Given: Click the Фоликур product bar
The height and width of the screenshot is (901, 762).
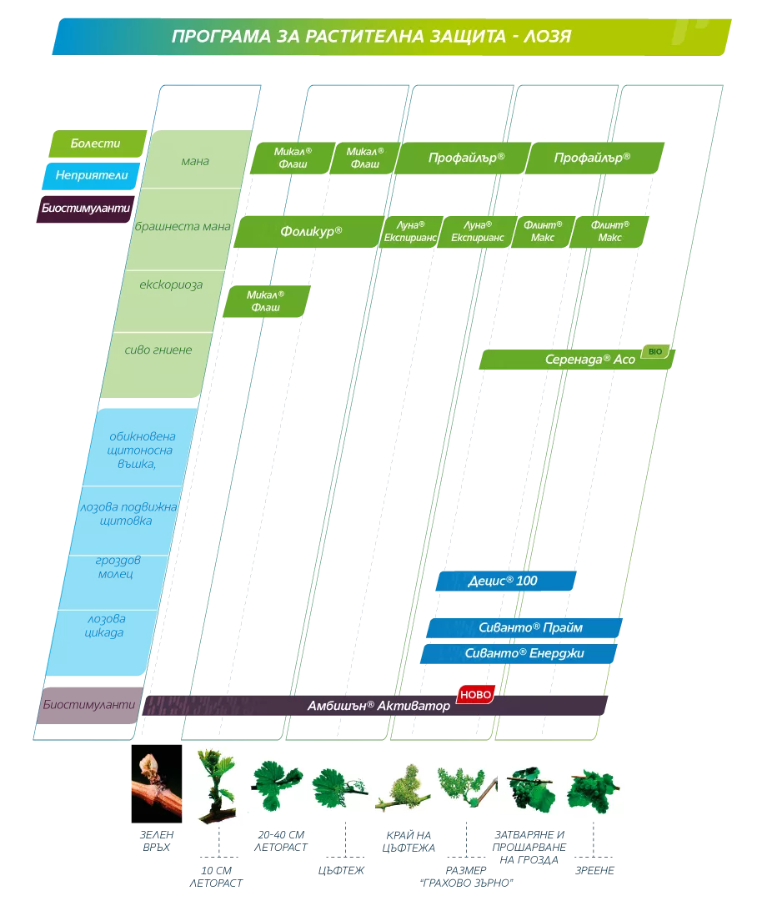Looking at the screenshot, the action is [x=309, y=232].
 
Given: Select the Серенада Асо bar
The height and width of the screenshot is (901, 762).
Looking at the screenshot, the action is [x=576, y=360].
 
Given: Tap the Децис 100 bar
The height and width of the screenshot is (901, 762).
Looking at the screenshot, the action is [x=506, y=581].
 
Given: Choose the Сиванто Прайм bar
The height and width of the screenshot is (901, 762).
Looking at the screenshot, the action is [x=524, y=628].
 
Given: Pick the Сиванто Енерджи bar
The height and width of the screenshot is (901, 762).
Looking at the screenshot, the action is [x=519, y=653].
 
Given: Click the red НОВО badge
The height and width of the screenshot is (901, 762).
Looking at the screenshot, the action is [x=475, y=695].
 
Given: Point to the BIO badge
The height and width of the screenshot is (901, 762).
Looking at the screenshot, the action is [x=655, y=351].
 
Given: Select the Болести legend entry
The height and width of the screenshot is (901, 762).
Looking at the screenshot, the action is [x=98, y=143].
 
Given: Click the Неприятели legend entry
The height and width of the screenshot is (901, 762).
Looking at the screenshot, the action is [x=92, y=176].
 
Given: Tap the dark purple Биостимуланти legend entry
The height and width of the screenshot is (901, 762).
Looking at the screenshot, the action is [x=86, y=209].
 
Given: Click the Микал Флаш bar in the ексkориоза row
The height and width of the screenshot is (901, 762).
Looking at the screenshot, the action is [x=267, y=301].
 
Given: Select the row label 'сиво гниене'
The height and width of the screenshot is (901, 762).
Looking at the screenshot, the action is [x=158, y=350].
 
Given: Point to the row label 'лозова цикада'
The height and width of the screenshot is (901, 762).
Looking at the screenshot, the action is [x=106, y=626].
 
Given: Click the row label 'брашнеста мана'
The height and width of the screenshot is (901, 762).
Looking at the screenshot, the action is [x=183, y=226].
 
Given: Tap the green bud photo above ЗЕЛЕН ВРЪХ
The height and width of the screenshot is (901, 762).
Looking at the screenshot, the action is [x=157, y=783].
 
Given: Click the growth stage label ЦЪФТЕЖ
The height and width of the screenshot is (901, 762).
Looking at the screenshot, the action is [x=341, y=870].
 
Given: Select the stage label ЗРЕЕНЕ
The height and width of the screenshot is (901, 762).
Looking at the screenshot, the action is [x=595, y=870].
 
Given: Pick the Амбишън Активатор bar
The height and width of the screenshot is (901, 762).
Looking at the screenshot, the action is [x=375, y=706].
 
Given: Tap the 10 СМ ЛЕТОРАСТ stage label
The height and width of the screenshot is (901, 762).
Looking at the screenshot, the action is [x=217, y=877].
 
